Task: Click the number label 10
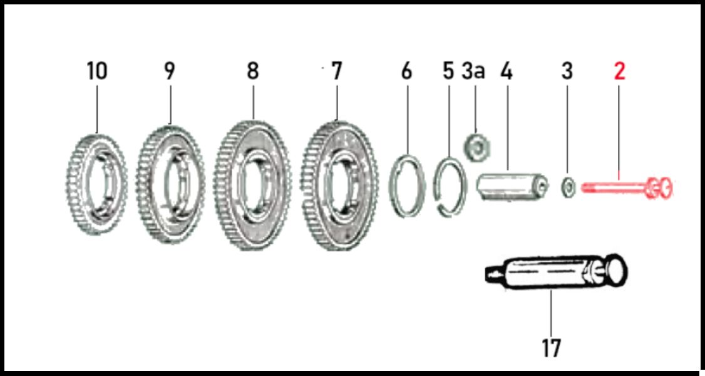pyautogui.click(x=97, y=71)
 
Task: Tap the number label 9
pyautogui.click(x=170, y=71)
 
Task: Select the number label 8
pyautogui.click(x=253, y=71)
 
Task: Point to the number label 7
pyautogui.click(x=336, y=71)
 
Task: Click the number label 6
pyautogui.click(x=406, y=71)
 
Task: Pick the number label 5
pyautogui.click(x=448, y=71)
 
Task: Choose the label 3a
pyautogui.click(x=473, y=71)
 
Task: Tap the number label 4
pyautogui.click(x=507, y=71)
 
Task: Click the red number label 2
pyautogui.click(x=620, y=71)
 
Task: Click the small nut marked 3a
pyautogui.click(x=476, y=147)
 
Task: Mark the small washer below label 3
pyautogui.click(x=567, y=186)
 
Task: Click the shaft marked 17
pyautogui.click(x=557, y=272)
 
